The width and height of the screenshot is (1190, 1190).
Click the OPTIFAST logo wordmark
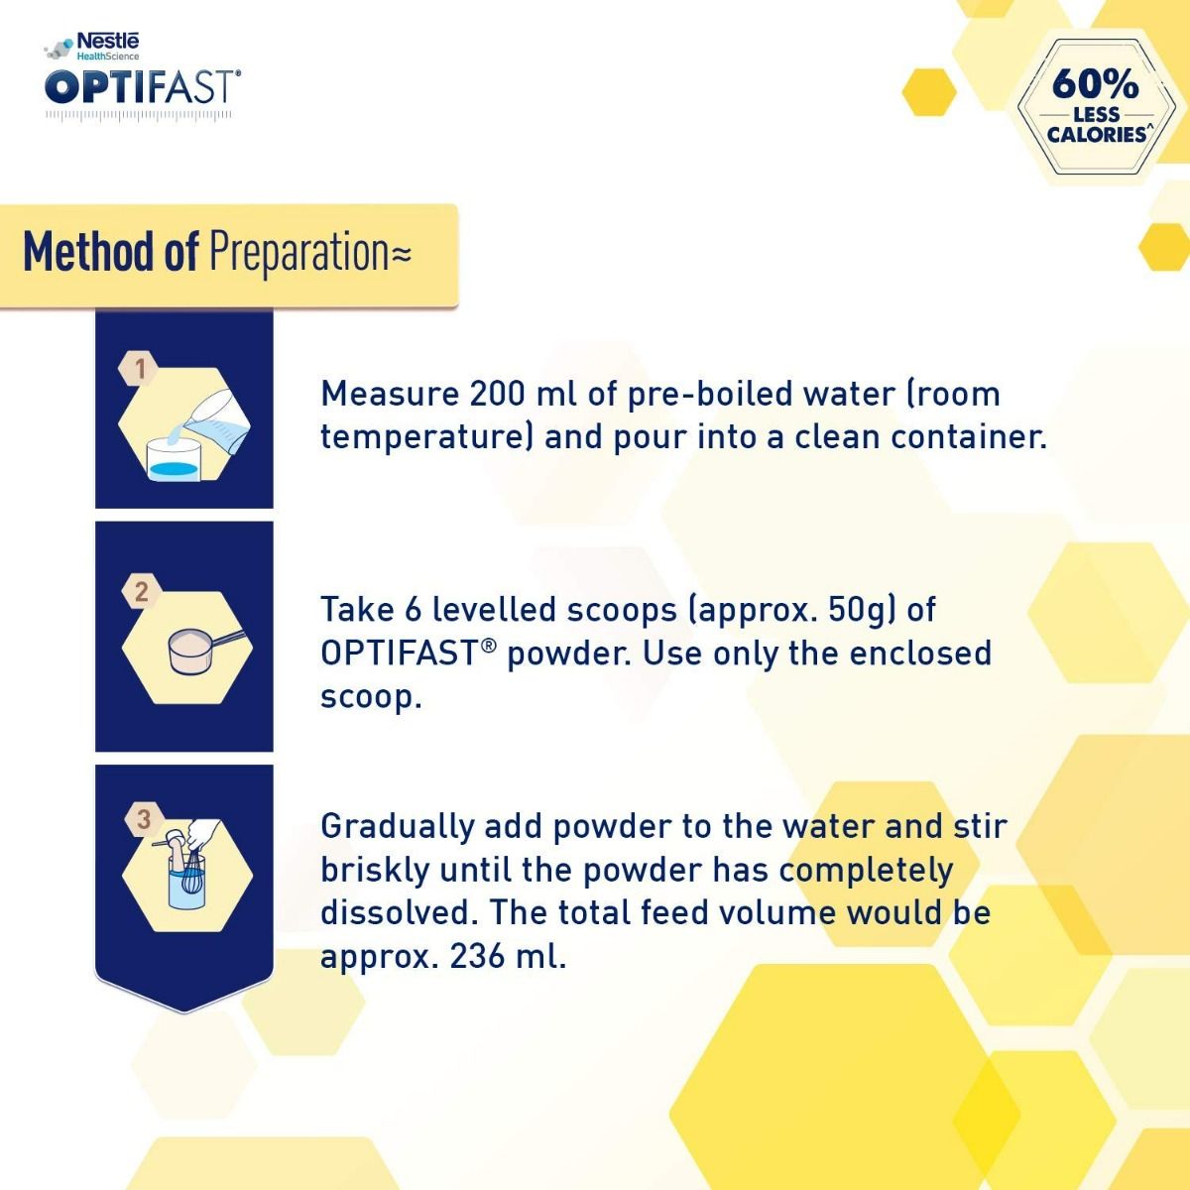[142, 86]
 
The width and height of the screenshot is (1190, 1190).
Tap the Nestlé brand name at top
[108, 42]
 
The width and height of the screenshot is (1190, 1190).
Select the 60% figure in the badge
[1095, 83]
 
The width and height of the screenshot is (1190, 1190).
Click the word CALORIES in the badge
[1097, 134]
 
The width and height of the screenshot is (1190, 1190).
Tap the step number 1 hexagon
[140, 369]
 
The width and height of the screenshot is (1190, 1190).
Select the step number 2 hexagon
[141, 592]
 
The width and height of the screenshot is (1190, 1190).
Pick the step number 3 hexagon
[144, 819]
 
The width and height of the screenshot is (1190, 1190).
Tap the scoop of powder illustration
[198, 650]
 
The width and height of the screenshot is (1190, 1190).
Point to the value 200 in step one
[498, 394]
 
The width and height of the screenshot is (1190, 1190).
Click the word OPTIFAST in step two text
[400, 654]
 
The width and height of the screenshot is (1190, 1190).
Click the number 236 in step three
[478, 956]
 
